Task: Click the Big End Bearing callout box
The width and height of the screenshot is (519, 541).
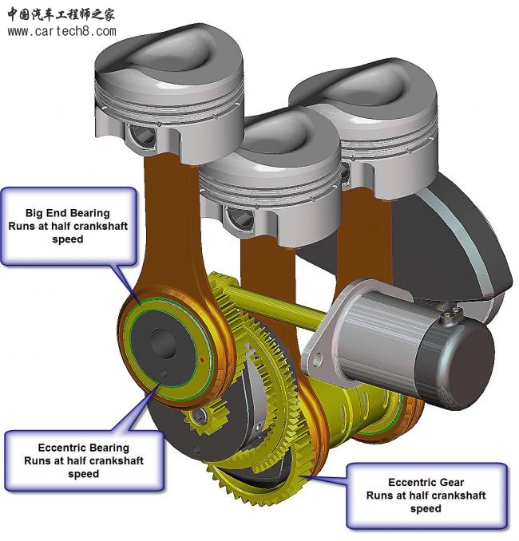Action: (68, 226)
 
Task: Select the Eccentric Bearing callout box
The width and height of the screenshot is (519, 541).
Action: (83, 460)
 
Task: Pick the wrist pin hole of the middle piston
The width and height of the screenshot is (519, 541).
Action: (239, 215)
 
